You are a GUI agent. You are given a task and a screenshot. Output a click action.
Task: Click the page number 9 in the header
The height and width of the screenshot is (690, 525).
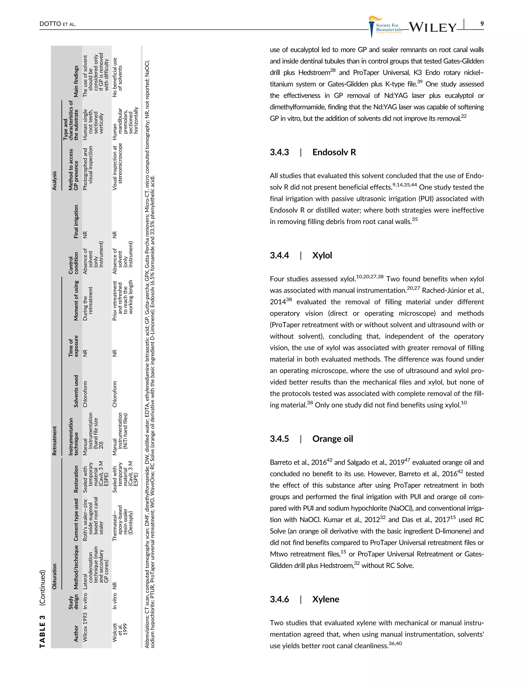tap(482, 24)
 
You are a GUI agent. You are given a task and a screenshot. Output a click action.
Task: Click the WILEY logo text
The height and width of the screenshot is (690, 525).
tap(432, 27)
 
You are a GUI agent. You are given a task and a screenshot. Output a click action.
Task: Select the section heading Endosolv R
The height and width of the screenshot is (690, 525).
tap(334, 152)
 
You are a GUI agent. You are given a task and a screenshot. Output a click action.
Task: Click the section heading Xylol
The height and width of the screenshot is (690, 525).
tap(322, 255)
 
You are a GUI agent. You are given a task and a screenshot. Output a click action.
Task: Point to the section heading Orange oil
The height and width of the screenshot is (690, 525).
tap(332, 439)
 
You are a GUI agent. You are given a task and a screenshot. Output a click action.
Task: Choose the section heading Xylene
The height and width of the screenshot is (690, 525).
tap(325, 599)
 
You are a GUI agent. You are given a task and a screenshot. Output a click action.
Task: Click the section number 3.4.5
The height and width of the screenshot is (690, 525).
tap(279, 439)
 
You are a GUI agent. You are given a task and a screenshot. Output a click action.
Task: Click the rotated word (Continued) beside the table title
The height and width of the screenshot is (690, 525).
tap(42, 588)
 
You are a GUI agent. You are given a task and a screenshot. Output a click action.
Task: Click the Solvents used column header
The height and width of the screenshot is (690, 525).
tap(76, 391)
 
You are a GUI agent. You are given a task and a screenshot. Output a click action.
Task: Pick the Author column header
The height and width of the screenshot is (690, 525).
tap(76, 633)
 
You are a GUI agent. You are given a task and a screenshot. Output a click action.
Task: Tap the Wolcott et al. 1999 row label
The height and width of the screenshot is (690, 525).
tap(120, 633)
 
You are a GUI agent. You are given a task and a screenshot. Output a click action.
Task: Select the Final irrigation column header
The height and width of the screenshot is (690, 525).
tap(76, 221)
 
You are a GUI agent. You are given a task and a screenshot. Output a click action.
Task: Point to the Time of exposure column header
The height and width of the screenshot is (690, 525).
tap(73, 346)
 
